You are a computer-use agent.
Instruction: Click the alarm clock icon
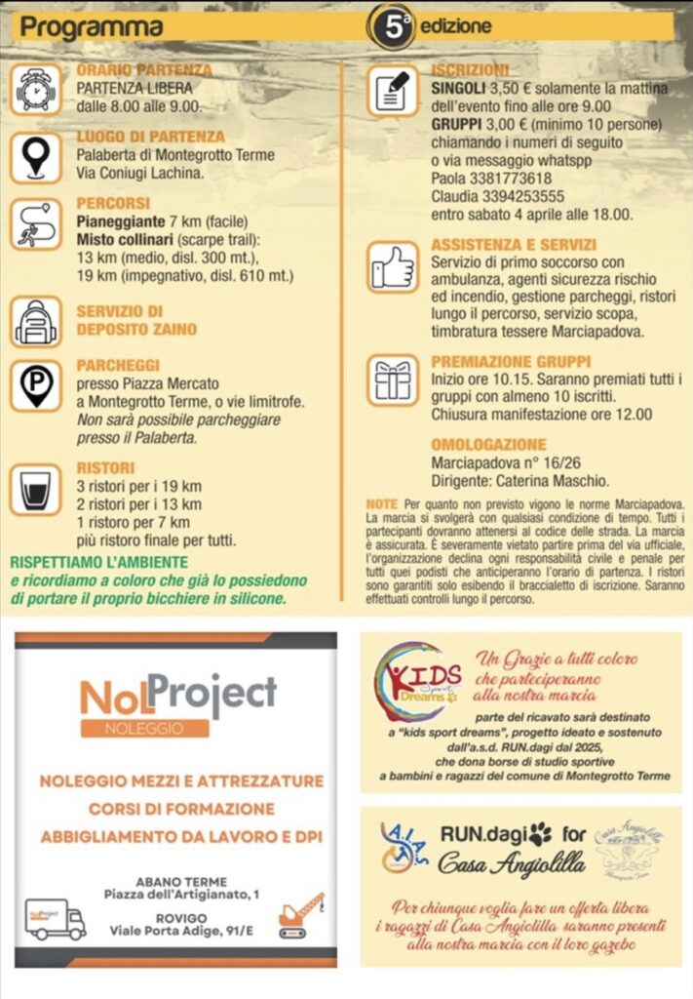36,89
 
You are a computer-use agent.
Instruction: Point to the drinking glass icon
36,488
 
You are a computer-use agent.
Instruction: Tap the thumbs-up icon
393,265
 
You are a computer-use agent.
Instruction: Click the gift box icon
393,380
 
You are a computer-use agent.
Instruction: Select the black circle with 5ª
392,26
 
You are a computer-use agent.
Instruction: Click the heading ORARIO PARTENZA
143,70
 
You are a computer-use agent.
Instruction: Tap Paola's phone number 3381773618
510,179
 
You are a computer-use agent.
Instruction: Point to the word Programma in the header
77,28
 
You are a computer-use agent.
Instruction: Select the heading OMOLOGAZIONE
488,444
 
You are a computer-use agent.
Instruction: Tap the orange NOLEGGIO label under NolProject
144,728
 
